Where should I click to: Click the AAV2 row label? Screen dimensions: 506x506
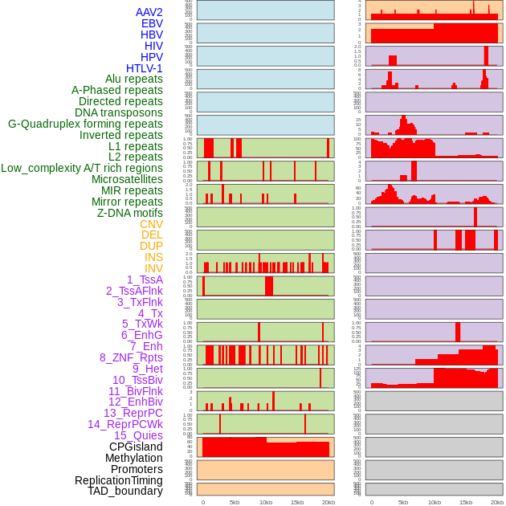point(149,12)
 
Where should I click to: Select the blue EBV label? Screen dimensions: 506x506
point(152,23)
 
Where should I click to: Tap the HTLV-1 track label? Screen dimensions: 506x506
point(145,68)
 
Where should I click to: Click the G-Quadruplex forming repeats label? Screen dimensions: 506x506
point(85,124)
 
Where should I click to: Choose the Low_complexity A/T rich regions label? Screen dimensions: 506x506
point(82,168)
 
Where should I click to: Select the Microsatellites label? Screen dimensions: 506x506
point(127,179)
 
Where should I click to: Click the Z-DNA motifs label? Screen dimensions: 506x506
point(130,213)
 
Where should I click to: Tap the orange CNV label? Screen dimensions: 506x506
point(151,224)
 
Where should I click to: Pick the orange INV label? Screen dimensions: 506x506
point(153,268)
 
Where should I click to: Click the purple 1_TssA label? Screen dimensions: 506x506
point(145,280)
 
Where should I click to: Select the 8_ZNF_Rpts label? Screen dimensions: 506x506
point(131,357)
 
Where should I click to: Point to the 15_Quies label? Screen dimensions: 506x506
point(137,435)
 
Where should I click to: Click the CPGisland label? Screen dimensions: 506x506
point(136,447)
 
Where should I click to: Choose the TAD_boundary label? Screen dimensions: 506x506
point(125,491)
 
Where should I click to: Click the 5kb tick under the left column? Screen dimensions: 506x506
point(235,502)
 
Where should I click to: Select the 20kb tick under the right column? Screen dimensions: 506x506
point(497,502)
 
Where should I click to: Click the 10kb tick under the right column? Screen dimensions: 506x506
point(435,502)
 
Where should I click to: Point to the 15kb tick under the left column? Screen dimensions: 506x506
point(297,502)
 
